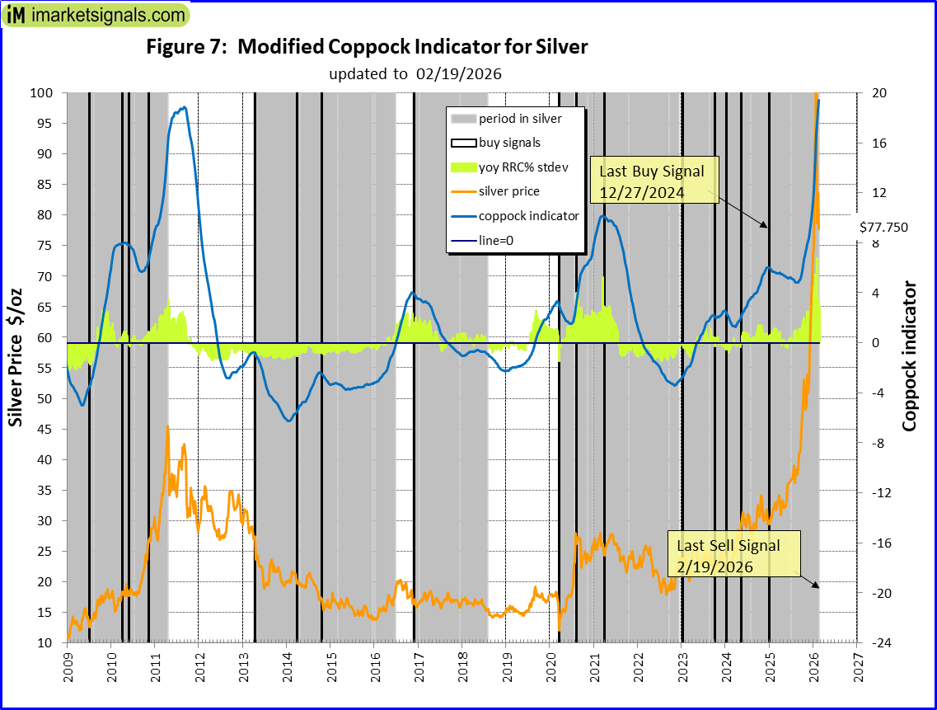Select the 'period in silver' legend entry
tap(520, 119)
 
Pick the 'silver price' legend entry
tap(509, 191)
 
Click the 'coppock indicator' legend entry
tap(528, 216)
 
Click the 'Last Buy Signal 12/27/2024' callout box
tap(652, 181)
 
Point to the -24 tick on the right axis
tap(874, 643)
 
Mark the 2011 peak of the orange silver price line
tap(168, 426)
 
